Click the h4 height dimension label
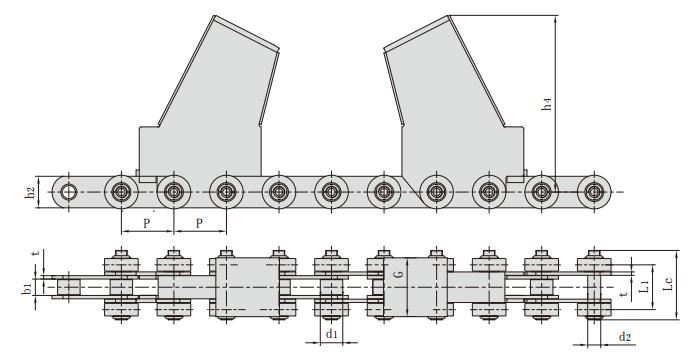547,104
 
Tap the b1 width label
29,288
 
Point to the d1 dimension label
331,334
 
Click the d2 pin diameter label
625,337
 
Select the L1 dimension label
645,288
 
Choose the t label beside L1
623,296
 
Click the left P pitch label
148,224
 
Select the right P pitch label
199,224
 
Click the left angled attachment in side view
200,110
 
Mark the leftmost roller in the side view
68,191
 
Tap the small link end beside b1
68,287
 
